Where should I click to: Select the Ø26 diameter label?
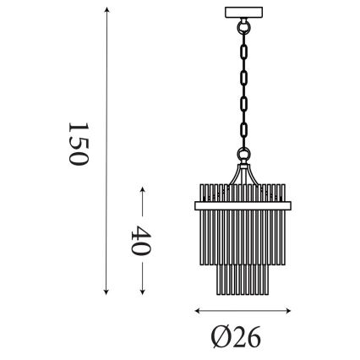coord(232,338)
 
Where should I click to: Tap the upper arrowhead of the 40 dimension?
coord(140,187)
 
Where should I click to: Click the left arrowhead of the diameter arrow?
coord(197,309)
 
